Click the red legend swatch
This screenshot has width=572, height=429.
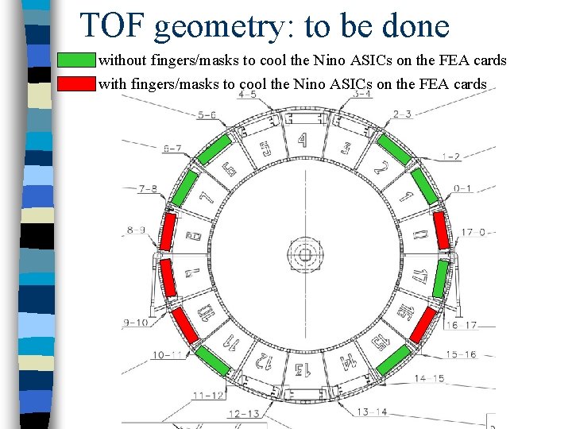[x=76, y=83]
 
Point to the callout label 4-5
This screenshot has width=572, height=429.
[x=248, y=95]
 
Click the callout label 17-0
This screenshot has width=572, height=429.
[x=473, y=232]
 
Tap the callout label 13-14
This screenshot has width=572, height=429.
[x=373, y=412]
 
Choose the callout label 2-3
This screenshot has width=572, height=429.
[x=402, y=114]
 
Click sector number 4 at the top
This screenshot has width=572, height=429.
[x=302, y=141]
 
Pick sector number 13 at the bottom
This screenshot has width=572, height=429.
[x=303, y=369]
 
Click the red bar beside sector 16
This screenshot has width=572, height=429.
[x=423, y=324]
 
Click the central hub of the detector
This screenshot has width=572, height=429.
[x=303, y=255]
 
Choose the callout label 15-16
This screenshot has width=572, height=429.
[x=461, y=354]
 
